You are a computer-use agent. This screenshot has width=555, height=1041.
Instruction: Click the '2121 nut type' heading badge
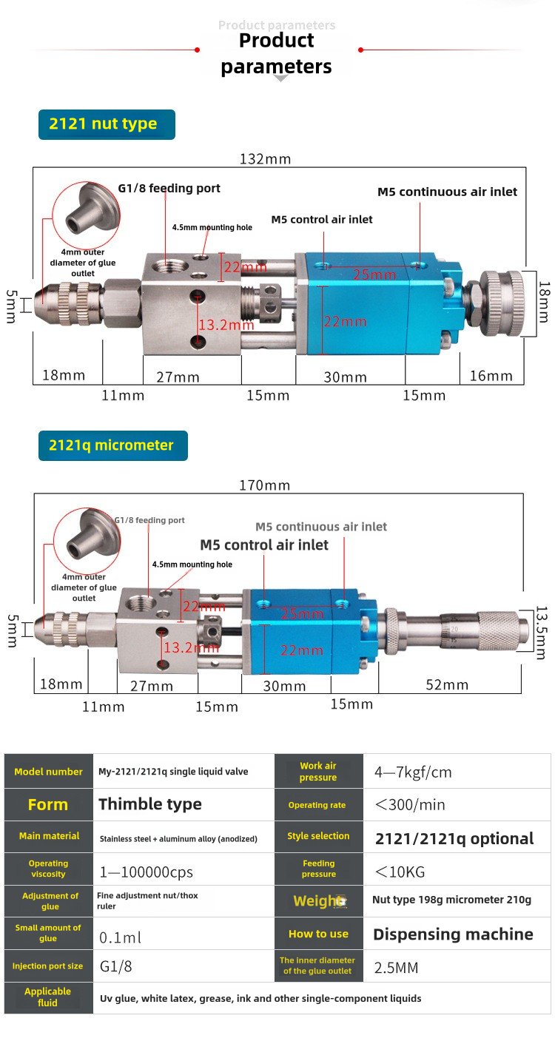[107, 124]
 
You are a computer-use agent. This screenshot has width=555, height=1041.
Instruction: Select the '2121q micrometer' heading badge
[112, 445]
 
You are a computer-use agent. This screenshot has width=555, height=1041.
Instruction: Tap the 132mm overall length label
[266, 158]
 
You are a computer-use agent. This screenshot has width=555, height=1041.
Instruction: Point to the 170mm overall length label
[264, 485]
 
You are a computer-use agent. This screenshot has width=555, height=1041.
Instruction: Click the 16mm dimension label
[491, 376]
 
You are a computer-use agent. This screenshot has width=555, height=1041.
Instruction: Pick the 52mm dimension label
[447, 685]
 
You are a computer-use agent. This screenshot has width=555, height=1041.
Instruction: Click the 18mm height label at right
[544, 301]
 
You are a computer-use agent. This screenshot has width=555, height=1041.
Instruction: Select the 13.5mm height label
[542, 633]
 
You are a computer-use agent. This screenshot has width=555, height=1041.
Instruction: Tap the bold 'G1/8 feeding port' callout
[169, 189]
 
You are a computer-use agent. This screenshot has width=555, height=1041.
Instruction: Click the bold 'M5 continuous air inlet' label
[447, 192]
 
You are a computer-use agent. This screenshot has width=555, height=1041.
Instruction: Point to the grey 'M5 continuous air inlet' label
[321, 527]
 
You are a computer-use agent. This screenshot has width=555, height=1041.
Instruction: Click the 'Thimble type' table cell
[150, 804]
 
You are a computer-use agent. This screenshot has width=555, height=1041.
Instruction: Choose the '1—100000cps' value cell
[146, 872]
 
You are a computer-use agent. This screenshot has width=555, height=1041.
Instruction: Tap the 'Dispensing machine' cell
[453, 934]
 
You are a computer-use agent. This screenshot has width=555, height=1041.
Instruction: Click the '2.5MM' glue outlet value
[397, 967]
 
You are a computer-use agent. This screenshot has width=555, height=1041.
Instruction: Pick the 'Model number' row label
[48, 772]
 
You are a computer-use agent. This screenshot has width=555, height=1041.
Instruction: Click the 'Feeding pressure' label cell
[319, 869]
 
